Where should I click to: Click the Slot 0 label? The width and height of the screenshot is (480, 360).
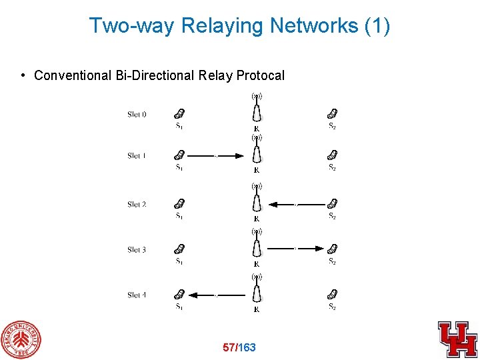pyautogui.click(x=137, y=115)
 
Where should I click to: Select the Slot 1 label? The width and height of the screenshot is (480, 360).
pyautogui.click(x=137, y=156)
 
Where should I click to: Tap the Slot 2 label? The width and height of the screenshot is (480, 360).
pyautogui.click(x=137, y=205)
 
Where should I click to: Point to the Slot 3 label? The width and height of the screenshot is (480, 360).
pyautogui.click(x=137, y=250)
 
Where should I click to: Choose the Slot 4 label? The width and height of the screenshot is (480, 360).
pyautogui.click(x=137, y=295)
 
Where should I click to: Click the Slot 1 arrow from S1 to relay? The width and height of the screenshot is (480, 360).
pyautogui.click(x=215, y=157)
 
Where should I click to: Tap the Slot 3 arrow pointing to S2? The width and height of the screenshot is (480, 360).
pyautogui.click(x=296, y=249)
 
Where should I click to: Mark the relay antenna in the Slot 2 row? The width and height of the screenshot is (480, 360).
pyautogui.click(x=256, y=199)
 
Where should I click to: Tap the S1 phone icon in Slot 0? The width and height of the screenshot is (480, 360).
pyautogui.click(x=179, y=114)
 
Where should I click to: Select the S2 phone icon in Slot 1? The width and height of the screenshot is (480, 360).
pyautogui.click(x=332, y=155)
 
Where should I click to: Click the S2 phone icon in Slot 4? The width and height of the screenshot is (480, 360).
pyautogui.click(x=332, y=294)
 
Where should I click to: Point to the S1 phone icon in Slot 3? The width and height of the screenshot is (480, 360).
pyautogui.click(x=179, y=249)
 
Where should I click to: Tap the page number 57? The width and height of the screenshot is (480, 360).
pyautogui.click(x=229, y=347)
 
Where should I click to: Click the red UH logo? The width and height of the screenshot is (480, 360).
pyautogui.click(x=457, y=339)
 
